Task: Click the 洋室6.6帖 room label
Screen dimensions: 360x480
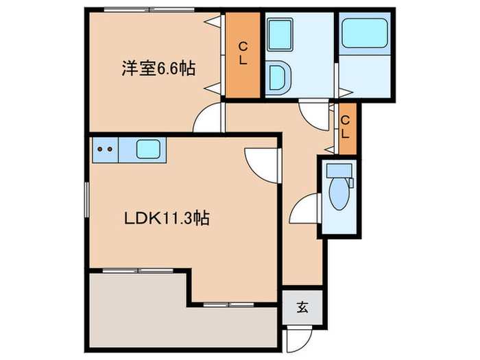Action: click(158, 69)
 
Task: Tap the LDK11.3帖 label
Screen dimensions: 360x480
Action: click(167, 219)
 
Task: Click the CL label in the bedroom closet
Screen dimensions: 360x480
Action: click(243, 53)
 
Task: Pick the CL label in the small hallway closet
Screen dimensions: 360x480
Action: click(347, 128)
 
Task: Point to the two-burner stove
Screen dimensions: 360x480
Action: click(105, 148)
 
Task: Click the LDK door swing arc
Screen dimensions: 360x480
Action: click(261, 165)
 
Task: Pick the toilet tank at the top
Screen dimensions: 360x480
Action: click(338, 171)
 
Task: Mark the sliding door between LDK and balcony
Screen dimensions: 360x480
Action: click(137, 270)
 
